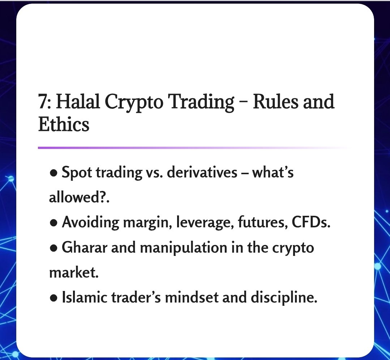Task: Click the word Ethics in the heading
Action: click(64, 125)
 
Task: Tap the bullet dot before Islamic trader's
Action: click(53, 298)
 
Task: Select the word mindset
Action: click(194, 298)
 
